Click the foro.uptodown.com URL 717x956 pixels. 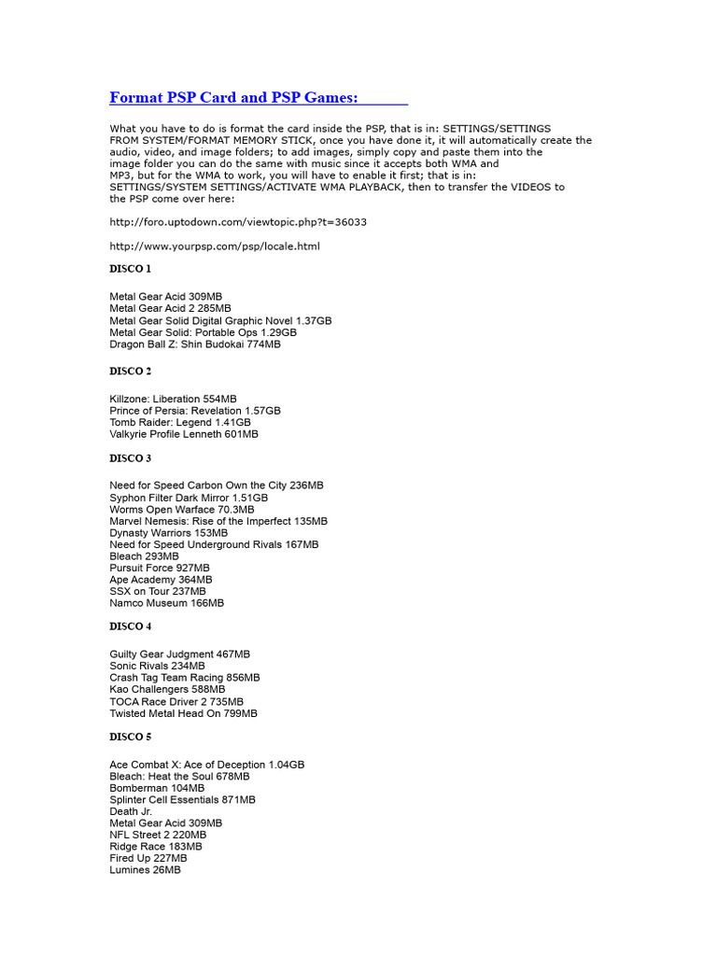coord(238,222)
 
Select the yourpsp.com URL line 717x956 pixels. coord(215,246)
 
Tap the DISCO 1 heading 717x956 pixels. coord(130,269)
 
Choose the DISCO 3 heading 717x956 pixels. coord(130,458)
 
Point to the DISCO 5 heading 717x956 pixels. coord(130,738)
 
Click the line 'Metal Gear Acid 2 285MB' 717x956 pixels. coord(170,308)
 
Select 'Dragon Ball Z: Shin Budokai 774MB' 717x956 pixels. coord(194,344)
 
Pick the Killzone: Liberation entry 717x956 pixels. coord(173,399)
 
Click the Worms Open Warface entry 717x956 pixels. coord(182,510)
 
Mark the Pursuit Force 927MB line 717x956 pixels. coord(160,568)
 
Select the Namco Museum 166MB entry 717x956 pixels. coord(166,603)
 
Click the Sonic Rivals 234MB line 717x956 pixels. coord(157,666)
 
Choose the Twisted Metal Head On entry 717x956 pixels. coord(183,713)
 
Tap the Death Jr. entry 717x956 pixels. coord(131,811)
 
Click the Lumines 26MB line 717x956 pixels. coord(145,870)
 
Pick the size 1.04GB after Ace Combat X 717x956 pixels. coord(286,765)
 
